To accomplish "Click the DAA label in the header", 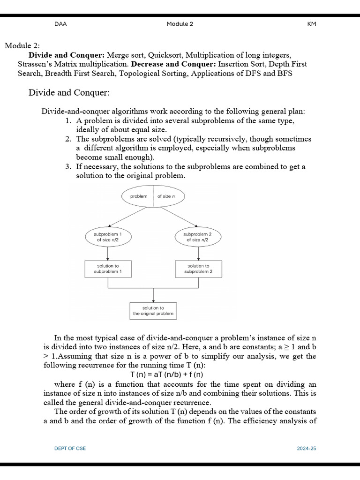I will tap(60, 24).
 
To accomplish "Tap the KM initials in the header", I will tap(312, 24).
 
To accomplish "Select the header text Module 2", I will tap(180, 24).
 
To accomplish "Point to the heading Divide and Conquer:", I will tap(69, 92).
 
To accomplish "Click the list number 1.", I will tap(68, 121).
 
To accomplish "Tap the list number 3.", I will tap(68, 167).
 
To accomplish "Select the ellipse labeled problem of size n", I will tap(153, 196).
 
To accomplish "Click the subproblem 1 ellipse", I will tap(108, 237).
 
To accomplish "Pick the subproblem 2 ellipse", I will tap(197, 237).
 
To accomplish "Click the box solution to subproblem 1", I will tap(108, 269).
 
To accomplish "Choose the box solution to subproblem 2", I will tap(198, 269).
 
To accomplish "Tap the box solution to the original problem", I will tap(153, 311).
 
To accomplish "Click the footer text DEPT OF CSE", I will tap(70, 449).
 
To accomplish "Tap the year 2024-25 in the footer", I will tap(307, 449).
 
